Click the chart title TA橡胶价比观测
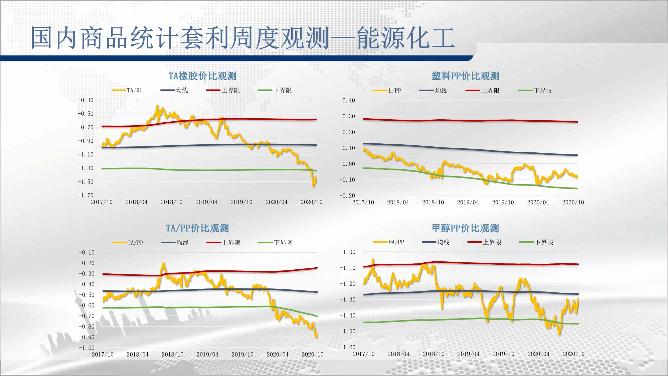[x=202, y=76]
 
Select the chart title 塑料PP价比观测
[x=465, y=76]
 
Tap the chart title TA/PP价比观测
[x=197, y=228]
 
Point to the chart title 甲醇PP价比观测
[x=465, y=228]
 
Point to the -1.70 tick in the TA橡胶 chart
[x=86, y=195]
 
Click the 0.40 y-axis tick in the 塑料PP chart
[x=349, y=100]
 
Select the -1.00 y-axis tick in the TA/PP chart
[x=87, y=348]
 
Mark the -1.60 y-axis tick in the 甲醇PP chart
[x=348, y=347]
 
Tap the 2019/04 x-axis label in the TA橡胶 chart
[x=206, y=202]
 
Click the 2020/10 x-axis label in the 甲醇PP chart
[x=573, y=354]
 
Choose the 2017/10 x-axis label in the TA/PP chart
[x=103, y=354]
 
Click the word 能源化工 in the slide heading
[x=405, y=38]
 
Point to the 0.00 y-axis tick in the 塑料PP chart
[x=349, y=164]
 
